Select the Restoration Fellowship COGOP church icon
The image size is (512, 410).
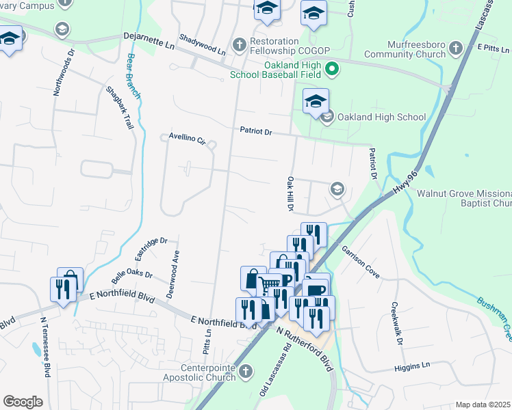tap(239, 44)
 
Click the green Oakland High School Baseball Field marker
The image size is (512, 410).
tap(332, 69)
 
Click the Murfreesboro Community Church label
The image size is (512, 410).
tap(404, 49)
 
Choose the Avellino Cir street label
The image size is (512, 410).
tap(187, 139)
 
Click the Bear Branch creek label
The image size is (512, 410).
tap(134, 76)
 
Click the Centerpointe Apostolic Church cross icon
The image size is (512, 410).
tap(247, 370)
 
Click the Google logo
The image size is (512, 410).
tap(23, 401)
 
